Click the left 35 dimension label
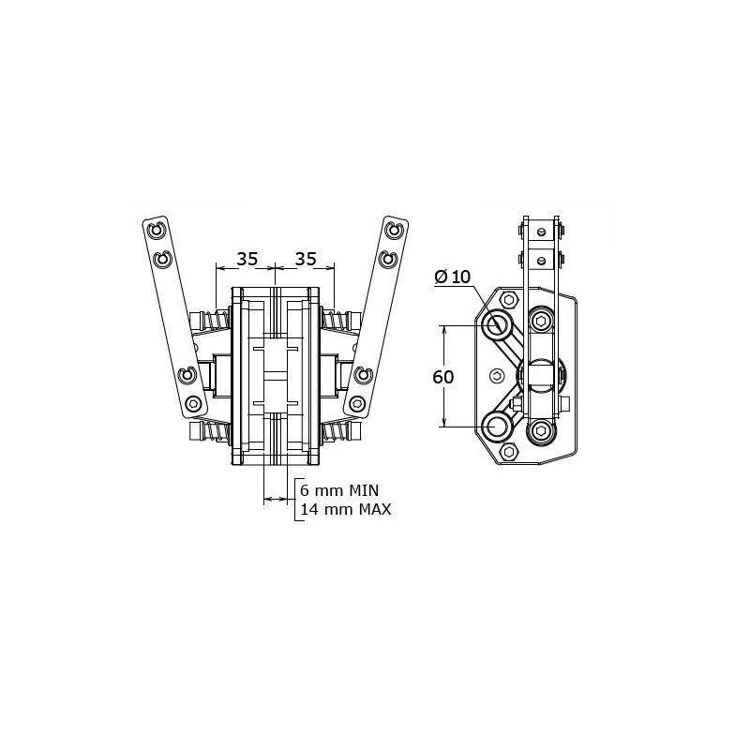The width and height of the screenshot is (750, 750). pyautogui.click(x=247, y=259)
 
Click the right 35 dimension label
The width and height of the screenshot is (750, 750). pyautogui.click(x=306, y=259)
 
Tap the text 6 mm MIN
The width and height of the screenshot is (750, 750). pyautogui.click(x=337, y=490)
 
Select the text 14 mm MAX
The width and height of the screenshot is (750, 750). pyautogui.click(x=344, y=509)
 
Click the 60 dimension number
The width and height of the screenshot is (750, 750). pyautogui.click(x=443, y=377)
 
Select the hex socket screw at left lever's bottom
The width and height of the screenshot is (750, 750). pyautogui.click(x=193, y=404)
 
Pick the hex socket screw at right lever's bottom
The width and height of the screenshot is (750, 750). pyautogui.click(x=357, y=404)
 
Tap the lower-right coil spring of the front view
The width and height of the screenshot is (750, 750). pyautogui.click(x=337, y=433)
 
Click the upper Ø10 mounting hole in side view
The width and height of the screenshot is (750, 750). pyautogui.click(x=498, y=325)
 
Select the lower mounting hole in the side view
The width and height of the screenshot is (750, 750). pyautogui.click(x=498, y=427)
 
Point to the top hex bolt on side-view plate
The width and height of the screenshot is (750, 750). pyautogui.click(x=509, y=300)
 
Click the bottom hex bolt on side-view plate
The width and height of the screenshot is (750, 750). pyautogui.click(x=509, y=452)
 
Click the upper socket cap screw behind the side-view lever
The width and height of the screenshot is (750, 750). pyautogui.click(x=541, y=322)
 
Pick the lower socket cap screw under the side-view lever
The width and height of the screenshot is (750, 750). pyautogui.click(x=541, y=430)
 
